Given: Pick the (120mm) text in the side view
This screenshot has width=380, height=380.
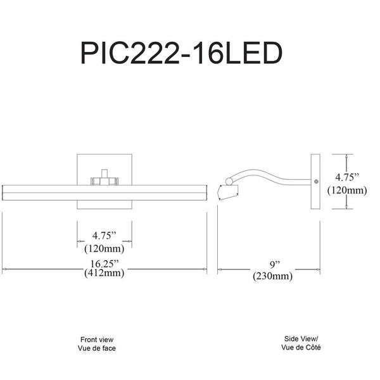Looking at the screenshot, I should click(348, 189).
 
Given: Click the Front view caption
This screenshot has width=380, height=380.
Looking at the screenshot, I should click(98, 339).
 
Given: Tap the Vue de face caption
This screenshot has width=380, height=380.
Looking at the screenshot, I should click(98, 348).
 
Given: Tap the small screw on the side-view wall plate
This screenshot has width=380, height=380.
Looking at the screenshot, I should click(316, 180).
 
